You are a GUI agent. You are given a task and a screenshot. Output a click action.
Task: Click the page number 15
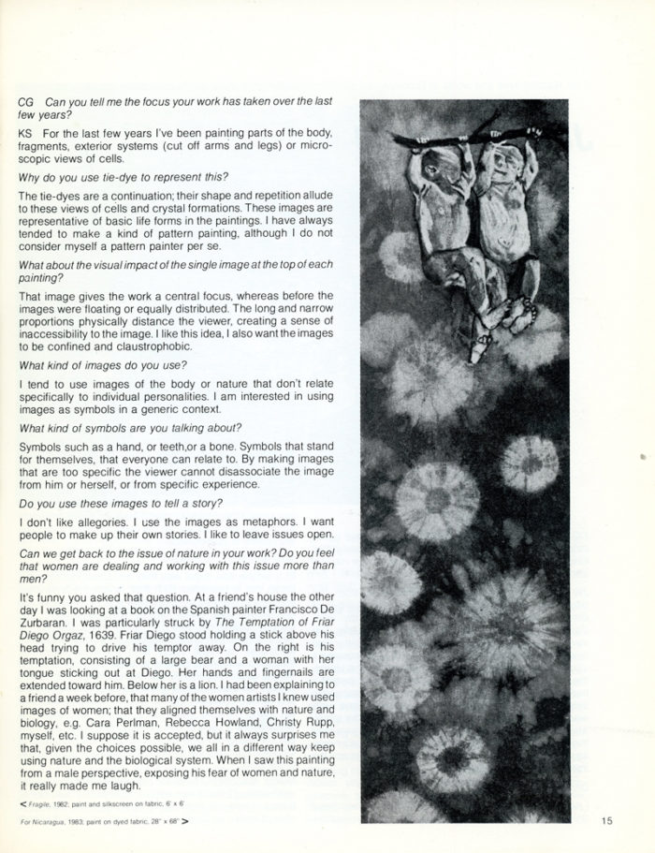click(x=607, y=822)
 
